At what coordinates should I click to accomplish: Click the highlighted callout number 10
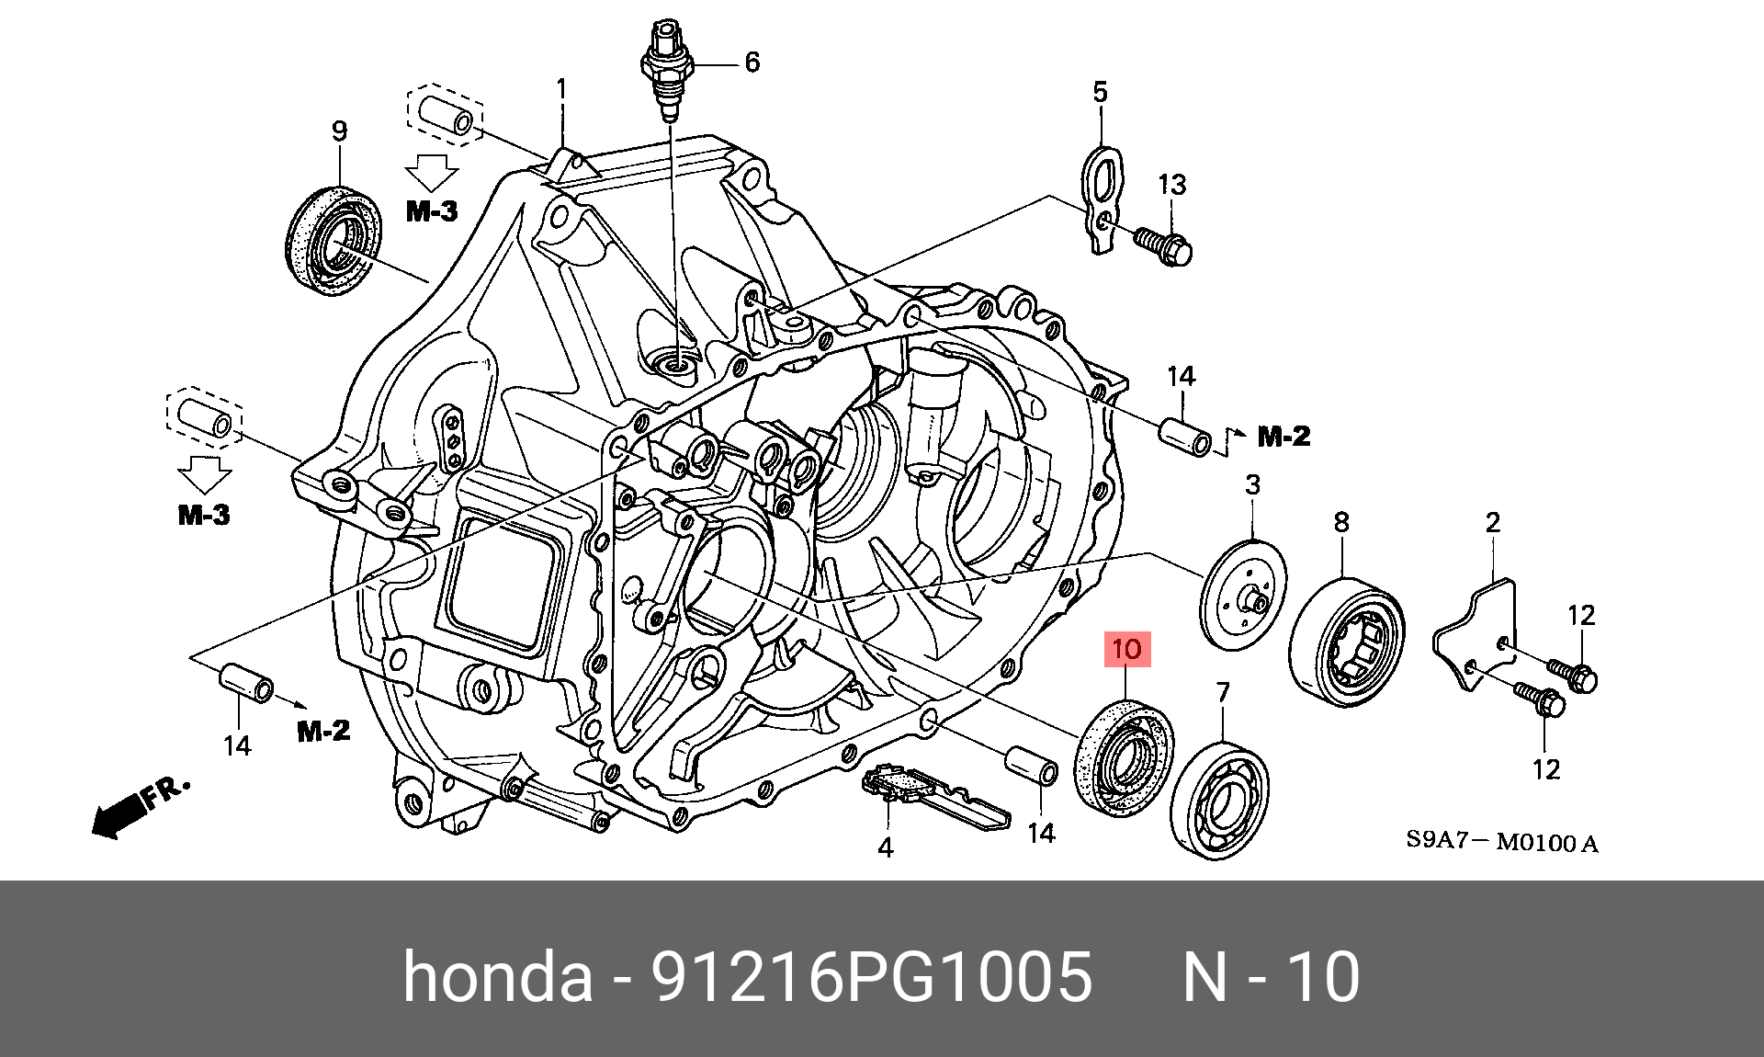[1126, 650]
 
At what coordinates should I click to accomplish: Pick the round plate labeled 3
[1243, 593]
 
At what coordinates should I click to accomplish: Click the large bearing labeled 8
[1347, 642]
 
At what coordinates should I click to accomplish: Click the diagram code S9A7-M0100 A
[1501, 842]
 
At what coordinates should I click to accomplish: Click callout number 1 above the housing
[561, 90]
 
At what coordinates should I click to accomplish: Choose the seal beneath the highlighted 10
[1123, 756]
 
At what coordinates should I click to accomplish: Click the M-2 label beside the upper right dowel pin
[1283, 437]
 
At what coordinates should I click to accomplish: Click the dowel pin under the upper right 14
[1187, 438]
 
